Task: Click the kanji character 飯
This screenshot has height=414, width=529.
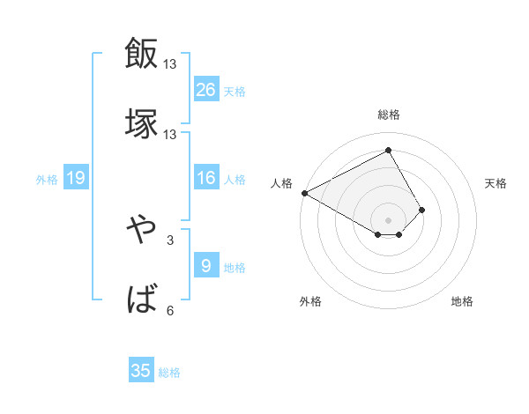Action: [141, 53]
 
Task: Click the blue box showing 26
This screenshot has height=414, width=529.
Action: [206, 89]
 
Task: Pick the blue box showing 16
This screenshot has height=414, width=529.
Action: [206, 178]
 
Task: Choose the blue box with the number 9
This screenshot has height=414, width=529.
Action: [206, 265]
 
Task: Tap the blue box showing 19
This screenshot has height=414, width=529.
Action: [76, 178]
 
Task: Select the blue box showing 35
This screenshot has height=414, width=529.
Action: [141, 370]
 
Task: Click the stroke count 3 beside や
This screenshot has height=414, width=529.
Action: [169, 239]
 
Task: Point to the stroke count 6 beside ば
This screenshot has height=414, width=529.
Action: [169, 310]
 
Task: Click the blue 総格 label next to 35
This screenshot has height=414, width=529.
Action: [169, 373]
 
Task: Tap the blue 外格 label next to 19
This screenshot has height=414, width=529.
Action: [47, 180]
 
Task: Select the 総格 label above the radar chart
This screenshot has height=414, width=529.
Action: [389, 115]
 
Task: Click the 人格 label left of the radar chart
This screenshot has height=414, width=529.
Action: [280, 183]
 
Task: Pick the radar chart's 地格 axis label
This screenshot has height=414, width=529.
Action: [462, 301]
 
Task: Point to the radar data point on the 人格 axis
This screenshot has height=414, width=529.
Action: [304, 192]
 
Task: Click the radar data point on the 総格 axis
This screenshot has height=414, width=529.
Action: [389, 150]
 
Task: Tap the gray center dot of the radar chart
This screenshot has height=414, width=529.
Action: [389, 219]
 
